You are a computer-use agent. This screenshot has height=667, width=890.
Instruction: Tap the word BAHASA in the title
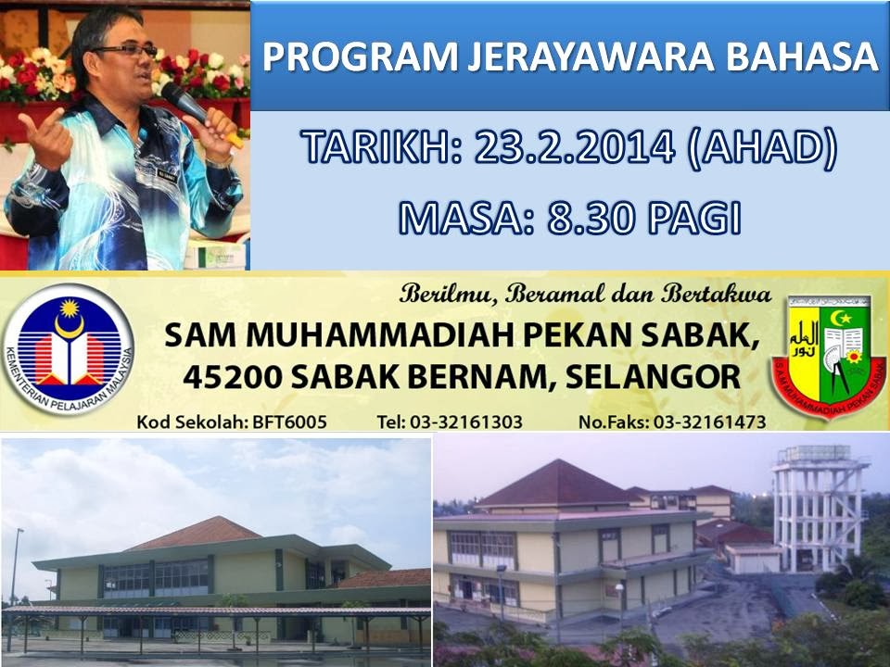tap(804, 57)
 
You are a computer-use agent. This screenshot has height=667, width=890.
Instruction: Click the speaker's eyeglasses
tap(124, 51)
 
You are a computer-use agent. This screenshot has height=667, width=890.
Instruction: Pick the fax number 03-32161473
tap(709, 422)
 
